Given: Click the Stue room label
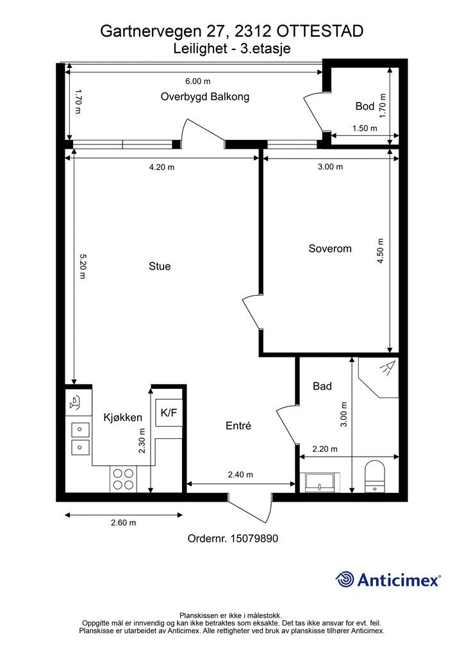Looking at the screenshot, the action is (x=160, y=266).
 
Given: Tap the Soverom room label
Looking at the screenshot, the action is (x=329, y=248).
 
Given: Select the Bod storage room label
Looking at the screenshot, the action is (x=365, y=106).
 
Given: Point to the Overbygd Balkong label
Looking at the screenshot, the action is (x=205, y=97).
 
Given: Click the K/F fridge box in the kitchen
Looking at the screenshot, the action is (x=169, y=413).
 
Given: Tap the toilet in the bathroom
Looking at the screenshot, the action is (x=375, y=477).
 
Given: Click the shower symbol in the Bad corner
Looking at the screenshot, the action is (x=388, y=368).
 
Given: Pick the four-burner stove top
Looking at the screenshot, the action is (x=123, y=479).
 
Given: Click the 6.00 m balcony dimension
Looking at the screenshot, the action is (x=198, y=81).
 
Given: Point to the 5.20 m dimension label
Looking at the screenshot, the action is (x=82, y=266).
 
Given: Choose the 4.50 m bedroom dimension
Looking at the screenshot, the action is (x=380, y=251).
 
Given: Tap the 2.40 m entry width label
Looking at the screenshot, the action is (x=240, y=475).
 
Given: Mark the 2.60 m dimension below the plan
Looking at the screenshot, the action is (x=124, y=522).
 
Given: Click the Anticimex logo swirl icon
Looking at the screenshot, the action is (x=345, y=579).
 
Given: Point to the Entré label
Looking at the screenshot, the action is (x=238, y=426).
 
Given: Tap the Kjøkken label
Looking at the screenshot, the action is (x=123, y=417).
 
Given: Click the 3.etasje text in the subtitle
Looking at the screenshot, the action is (x=265, y=49).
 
